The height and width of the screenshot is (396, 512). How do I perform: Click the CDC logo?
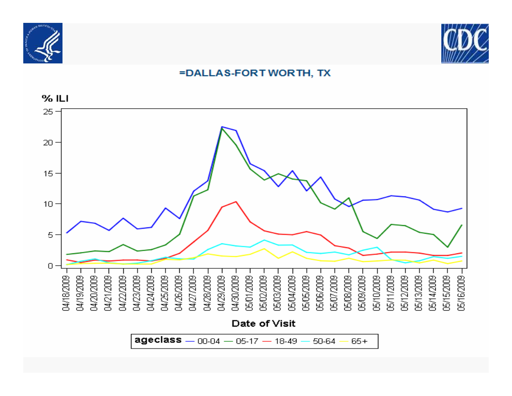pos(465,44)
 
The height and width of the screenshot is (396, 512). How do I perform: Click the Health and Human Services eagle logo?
pos(43,43)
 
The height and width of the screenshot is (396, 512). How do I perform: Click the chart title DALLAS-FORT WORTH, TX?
pos(255,73)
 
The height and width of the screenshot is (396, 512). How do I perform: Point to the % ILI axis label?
pos(55,98)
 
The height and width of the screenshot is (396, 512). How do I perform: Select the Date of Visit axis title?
pos(263,323)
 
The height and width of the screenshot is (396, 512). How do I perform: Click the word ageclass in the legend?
pos(158,340)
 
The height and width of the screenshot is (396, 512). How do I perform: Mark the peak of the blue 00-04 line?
pos(222,127)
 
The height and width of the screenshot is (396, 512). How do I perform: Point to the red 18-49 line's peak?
pos(236,201)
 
